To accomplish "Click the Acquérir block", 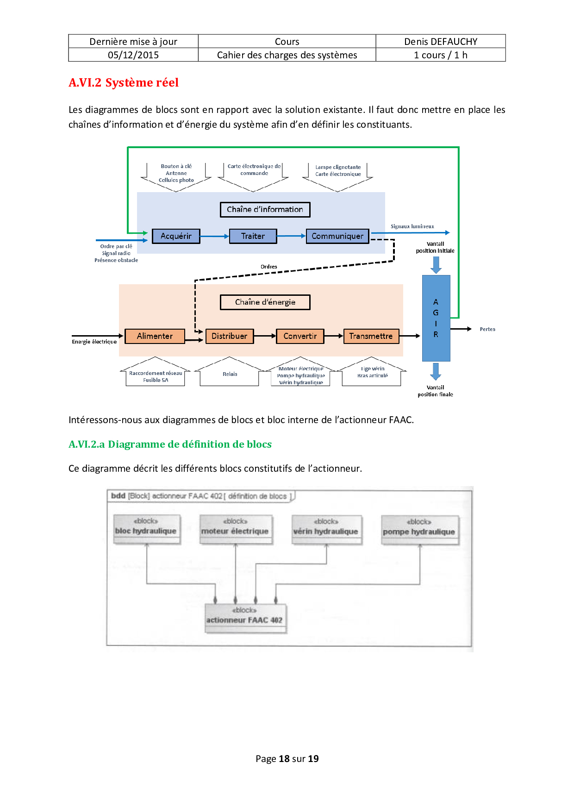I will tap(176, 236).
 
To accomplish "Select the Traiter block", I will tap(253, 236).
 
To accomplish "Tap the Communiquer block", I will tap(337, 236).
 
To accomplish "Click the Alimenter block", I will tap(155, 336).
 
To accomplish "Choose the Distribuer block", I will tap(229, 336).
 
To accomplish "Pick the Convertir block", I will tap(300, 336).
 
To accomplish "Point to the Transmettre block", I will tap(371, 336).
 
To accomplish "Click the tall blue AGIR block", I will tap(436, 318).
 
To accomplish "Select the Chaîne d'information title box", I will tap(265, 210).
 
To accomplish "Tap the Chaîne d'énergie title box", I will tap(265, 302).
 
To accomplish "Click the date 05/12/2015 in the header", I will tap(133, 55).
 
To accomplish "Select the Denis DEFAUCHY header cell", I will tap(441, 42).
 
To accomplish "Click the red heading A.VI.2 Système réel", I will tap(124, 82).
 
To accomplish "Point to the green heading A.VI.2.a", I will tap(170, 444).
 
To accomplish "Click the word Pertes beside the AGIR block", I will tap(487, 329).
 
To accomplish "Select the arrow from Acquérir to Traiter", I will tap(215, 236).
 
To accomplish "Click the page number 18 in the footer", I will tap(284, 759).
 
